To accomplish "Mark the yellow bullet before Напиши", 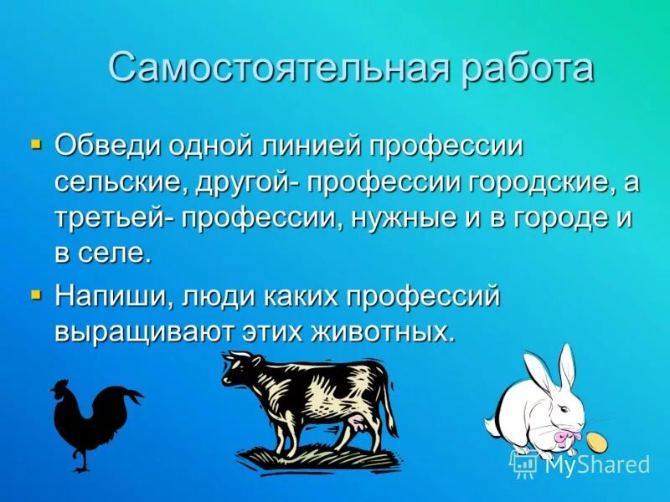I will pos(35,295).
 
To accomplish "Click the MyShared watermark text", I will pos(596,464).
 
